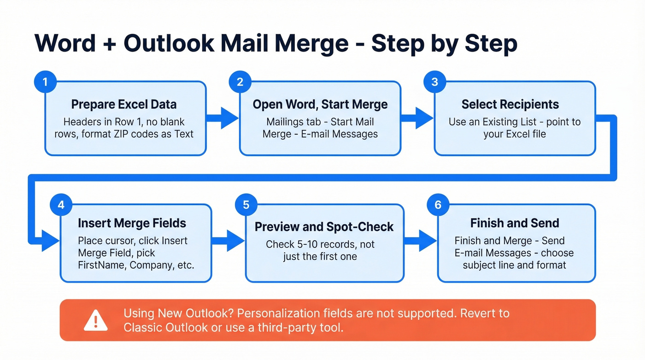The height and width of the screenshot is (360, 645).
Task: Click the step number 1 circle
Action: click(x=45, y=83)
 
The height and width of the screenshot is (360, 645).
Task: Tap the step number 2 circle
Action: click(x=240, y=83)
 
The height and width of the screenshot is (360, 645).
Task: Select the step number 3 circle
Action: click(x=435, y=83)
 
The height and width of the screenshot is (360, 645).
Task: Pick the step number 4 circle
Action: click(x=61, y=205)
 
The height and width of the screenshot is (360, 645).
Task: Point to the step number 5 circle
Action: click(x=246, y=205)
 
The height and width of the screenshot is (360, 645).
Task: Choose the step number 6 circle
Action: click(x=438, y=205)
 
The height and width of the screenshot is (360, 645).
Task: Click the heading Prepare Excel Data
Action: click(x=124, y=104)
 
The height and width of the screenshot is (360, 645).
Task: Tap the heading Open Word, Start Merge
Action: click(x=320, y=104)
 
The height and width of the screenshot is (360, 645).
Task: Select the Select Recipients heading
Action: click(x=510, y=104)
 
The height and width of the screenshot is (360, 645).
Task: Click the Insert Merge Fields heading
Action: click(x=132, y=224)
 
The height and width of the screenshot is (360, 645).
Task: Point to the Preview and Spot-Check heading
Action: click(x=324, y=227)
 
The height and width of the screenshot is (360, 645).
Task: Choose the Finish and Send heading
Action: click(x=515, y=224)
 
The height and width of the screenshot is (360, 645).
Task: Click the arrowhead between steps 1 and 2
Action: click(x=229, y=118)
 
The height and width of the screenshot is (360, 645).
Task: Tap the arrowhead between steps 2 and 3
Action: click(x=424, y=118)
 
